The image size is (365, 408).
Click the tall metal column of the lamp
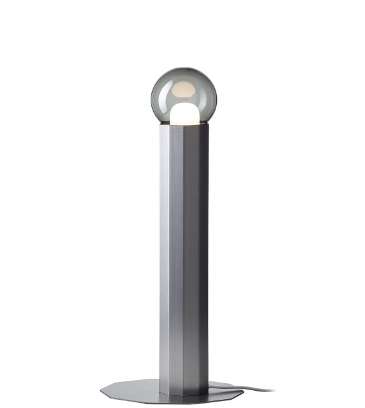[x=183, y=254]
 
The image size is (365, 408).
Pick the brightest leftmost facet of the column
[x=164, y=254]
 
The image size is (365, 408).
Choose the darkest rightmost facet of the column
[x=204, y=254]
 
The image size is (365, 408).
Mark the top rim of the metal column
[x=183, y=125]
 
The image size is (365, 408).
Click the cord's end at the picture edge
[x=275, y=391]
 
